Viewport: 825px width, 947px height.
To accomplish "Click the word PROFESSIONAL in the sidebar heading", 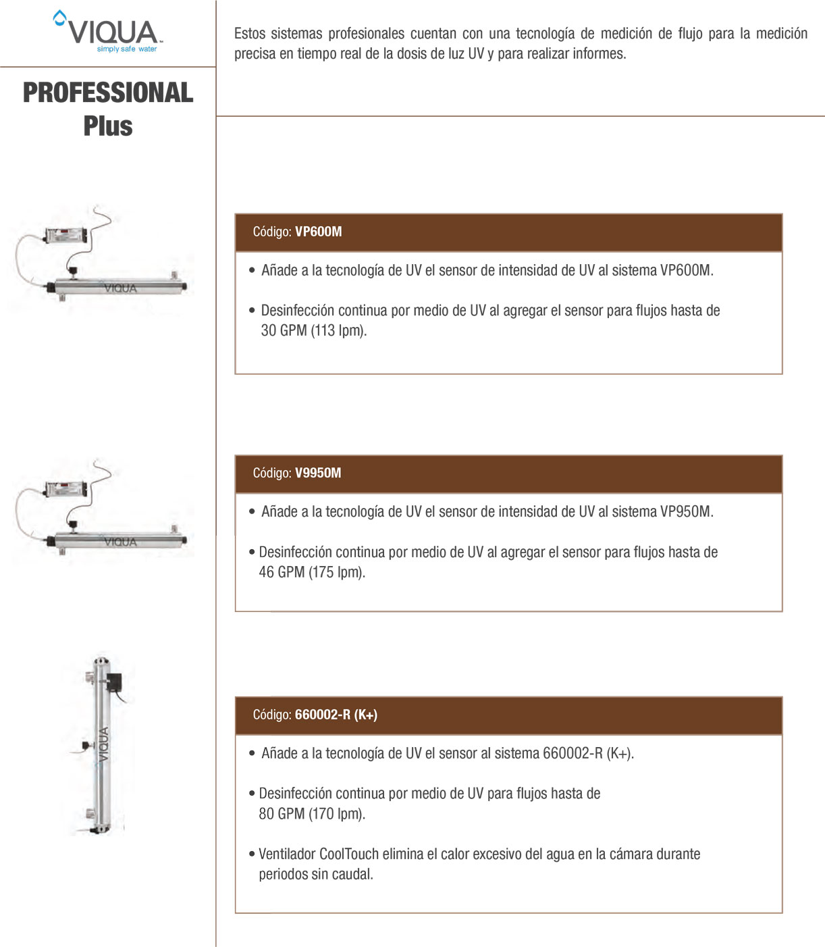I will [108, 93].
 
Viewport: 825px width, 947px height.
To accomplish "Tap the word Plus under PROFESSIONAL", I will [108, 126].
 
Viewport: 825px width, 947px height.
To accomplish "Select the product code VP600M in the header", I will [318, 232].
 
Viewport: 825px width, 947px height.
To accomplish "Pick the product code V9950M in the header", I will [318, 473].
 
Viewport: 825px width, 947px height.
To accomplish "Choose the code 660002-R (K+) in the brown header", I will [336, 715].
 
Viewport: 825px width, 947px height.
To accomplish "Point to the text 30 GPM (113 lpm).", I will [313, 331].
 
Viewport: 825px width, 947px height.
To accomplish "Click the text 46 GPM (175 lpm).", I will [312, 572].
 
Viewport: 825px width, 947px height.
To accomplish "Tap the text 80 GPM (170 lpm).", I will [312, 814].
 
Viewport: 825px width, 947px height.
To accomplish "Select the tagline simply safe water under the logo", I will [126, 49].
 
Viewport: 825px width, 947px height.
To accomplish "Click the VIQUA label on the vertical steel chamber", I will [103, 744].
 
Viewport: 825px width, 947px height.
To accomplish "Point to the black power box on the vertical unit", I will [115, 682].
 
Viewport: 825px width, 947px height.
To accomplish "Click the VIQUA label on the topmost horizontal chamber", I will [121, 288].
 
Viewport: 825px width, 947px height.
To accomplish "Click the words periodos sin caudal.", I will [315, 874].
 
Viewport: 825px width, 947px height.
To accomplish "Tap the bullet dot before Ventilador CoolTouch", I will [252, 854].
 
